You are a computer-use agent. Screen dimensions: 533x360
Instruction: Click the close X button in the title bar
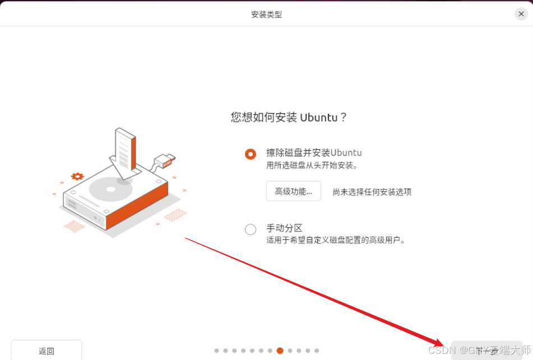click(521, 14)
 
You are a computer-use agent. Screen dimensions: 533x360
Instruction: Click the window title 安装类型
click(266, 14)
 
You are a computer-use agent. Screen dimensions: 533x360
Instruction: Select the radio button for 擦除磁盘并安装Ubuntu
click(251, 154)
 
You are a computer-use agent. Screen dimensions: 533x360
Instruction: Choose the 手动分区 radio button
click(251, 229)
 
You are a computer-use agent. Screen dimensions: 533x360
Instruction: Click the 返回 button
click(47, 351)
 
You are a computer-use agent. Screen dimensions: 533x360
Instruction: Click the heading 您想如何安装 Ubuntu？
click(289, 117)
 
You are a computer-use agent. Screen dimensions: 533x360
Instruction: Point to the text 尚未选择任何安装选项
click(372, 192)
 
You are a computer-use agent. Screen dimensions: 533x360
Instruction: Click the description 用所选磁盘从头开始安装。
click(312, 165)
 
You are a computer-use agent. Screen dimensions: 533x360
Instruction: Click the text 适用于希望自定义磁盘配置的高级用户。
click(335, 240)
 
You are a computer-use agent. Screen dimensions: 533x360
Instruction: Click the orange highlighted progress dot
click(280, 351)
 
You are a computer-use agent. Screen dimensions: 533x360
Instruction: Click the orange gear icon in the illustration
click(77, 176)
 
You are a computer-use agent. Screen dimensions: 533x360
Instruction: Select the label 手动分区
click(284, 228)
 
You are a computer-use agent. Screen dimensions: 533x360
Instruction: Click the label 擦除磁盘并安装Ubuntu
click(314, 153)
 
